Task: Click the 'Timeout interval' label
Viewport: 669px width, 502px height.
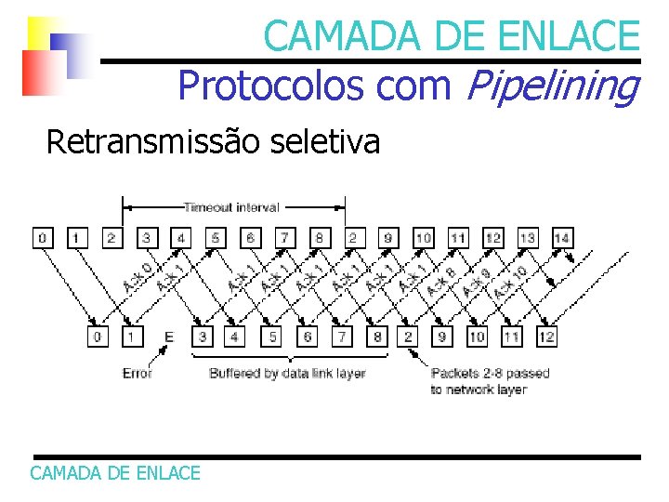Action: coord(231,206)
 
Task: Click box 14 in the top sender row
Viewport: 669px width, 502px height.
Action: coord(561,238)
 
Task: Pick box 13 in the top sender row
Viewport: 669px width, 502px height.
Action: coord(527,238)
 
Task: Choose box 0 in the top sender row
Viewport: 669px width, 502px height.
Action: coord(43,238)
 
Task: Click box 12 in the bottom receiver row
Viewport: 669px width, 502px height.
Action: coord(546,336)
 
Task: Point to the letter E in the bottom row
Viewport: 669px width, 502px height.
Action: coord(168,336)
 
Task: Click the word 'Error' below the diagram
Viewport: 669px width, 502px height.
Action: coord(138,373)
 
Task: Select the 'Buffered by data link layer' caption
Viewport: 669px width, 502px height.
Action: coord(287,373)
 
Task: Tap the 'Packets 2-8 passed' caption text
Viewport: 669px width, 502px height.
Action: coord(490,373)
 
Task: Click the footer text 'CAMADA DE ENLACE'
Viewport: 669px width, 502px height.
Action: coord(115,473)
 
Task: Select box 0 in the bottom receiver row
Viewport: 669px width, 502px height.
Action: coord(99,336)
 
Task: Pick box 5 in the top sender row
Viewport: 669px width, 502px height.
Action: coord(216,238)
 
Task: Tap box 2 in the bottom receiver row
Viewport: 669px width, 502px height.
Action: coord(410,336)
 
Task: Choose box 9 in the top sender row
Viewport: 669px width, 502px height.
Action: coord(388,238)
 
